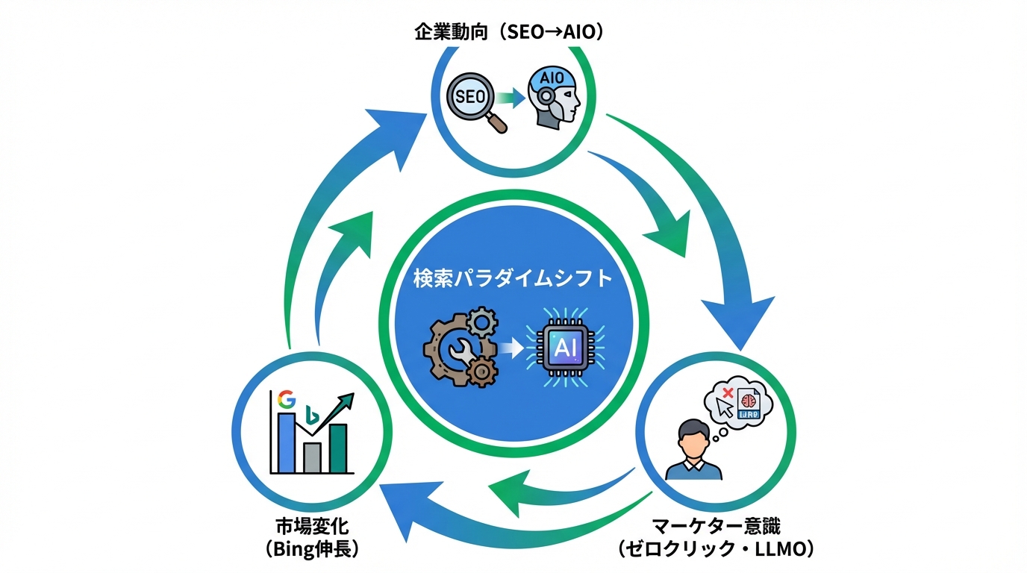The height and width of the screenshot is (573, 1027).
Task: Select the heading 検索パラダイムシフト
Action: pos(513,279)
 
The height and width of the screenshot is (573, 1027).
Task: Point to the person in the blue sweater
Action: pos(694,450)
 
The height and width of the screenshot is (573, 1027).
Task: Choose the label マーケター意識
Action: pos(715,527)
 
